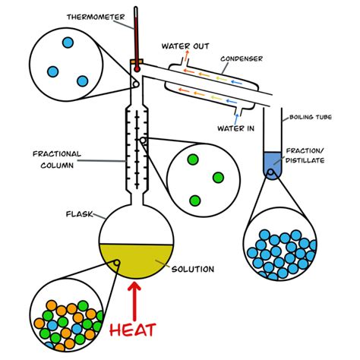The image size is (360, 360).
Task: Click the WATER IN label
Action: (235, 128)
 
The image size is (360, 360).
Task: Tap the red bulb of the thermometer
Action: (137, 68)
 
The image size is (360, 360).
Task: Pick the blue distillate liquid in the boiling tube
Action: (270, 163)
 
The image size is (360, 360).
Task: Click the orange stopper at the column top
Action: (137, 61)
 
